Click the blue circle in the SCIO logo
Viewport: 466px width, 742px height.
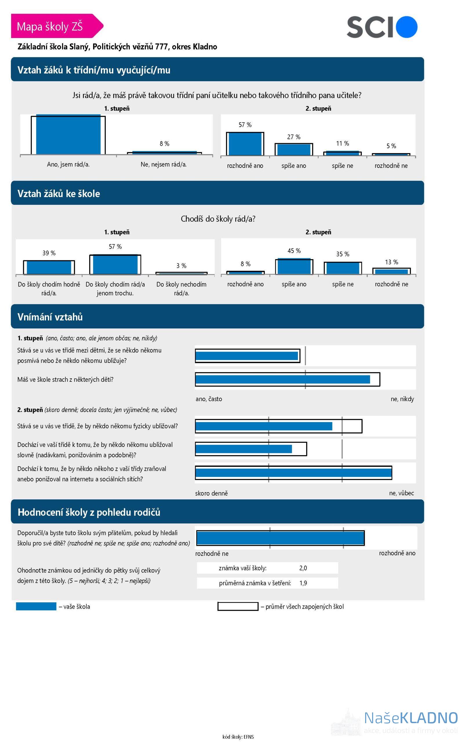(406, 27)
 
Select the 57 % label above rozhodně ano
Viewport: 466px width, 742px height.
(245, 125)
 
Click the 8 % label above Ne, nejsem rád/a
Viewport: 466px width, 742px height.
(164, 143)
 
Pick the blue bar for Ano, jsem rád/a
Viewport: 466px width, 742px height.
(68, 135)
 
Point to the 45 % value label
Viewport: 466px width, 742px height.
(294, 251)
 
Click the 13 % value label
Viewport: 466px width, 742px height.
(391, 262)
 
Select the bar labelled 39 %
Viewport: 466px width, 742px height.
(49, 267)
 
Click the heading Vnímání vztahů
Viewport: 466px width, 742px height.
(50, 317)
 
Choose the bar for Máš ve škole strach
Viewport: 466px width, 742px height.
(283, 379)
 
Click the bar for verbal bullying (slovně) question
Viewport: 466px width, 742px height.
(244, 449)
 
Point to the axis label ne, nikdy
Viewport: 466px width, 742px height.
(402, 399)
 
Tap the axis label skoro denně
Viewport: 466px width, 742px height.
(211, 493)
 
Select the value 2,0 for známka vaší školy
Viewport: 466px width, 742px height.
(303, 568)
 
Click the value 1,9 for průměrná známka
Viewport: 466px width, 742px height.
(303, 583)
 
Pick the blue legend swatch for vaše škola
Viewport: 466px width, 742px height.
(36, 606)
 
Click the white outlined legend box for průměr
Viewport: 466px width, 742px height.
(237, 606)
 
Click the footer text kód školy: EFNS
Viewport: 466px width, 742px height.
(238, 737)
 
